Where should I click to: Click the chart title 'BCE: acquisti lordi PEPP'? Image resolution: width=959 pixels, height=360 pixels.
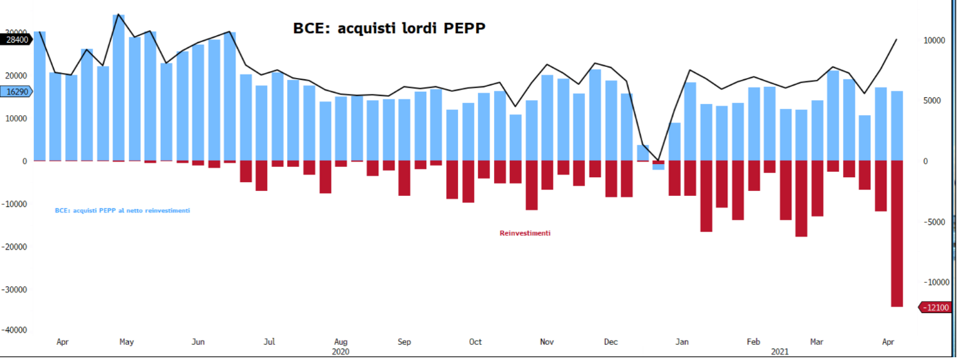pos(389,28)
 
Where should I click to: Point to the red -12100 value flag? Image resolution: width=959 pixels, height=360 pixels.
pos(936,308)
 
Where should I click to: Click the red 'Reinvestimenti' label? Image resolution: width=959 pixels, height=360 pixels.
pos(525,233)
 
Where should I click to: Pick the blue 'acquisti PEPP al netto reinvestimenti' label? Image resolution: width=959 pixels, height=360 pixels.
pos(122,210)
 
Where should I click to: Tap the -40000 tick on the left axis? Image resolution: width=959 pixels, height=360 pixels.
pos(14,330)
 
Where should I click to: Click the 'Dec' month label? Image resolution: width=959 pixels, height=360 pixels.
pos(611,342)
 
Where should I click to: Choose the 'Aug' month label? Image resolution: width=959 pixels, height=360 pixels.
pos(340,342)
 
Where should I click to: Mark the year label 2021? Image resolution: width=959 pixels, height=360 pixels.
pos(780,352)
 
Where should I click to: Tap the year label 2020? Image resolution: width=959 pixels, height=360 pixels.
pos(340,352)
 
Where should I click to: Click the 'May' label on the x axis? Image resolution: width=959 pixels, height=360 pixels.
pos(126,342)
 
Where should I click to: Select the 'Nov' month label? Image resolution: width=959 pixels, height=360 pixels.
pos(546,342)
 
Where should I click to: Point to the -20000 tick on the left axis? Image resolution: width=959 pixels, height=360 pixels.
pos(14,246)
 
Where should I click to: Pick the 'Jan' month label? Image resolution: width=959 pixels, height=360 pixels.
pos(682,342)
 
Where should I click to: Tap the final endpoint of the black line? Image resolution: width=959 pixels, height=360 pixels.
pos(896,39)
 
